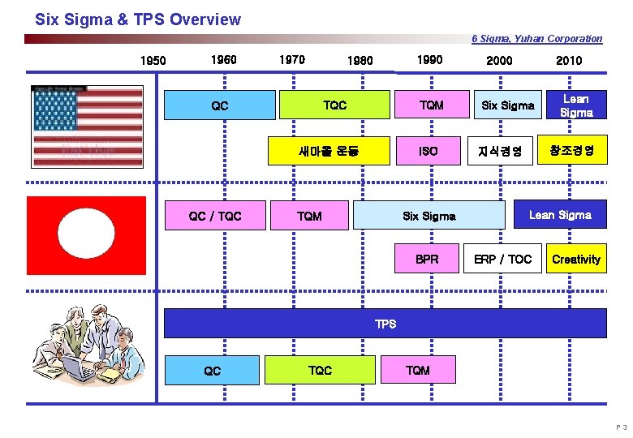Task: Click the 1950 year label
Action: [x=153, y=60]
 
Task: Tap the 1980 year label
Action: [x=360, y=60]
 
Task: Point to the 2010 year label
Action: [x=569, y=60]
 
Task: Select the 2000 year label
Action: [x=499, y=60]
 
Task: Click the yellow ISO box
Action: [x=428, y=151]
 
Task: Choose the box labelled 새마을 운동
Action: [x=329, y=151]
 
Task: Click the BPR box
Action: [x=427, y=260]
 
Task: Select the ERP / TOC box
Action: [x=503, y=260]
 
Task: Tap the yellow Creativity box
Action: [x=575, y=260]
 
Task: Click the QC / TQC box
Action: [x=215, y=216]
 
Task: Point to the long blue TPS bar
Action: [x=385, y=324]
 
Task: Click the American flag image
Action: [x=87, y=126]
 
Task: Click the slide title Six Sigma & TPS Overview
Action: [x=138, y=19]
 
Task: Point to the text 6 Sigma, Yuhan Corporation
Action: [x=536, y=38]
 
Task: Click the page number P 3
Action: [x=621, y=427]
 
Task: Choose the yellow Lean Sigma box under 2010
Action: [x=576, y=105]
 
